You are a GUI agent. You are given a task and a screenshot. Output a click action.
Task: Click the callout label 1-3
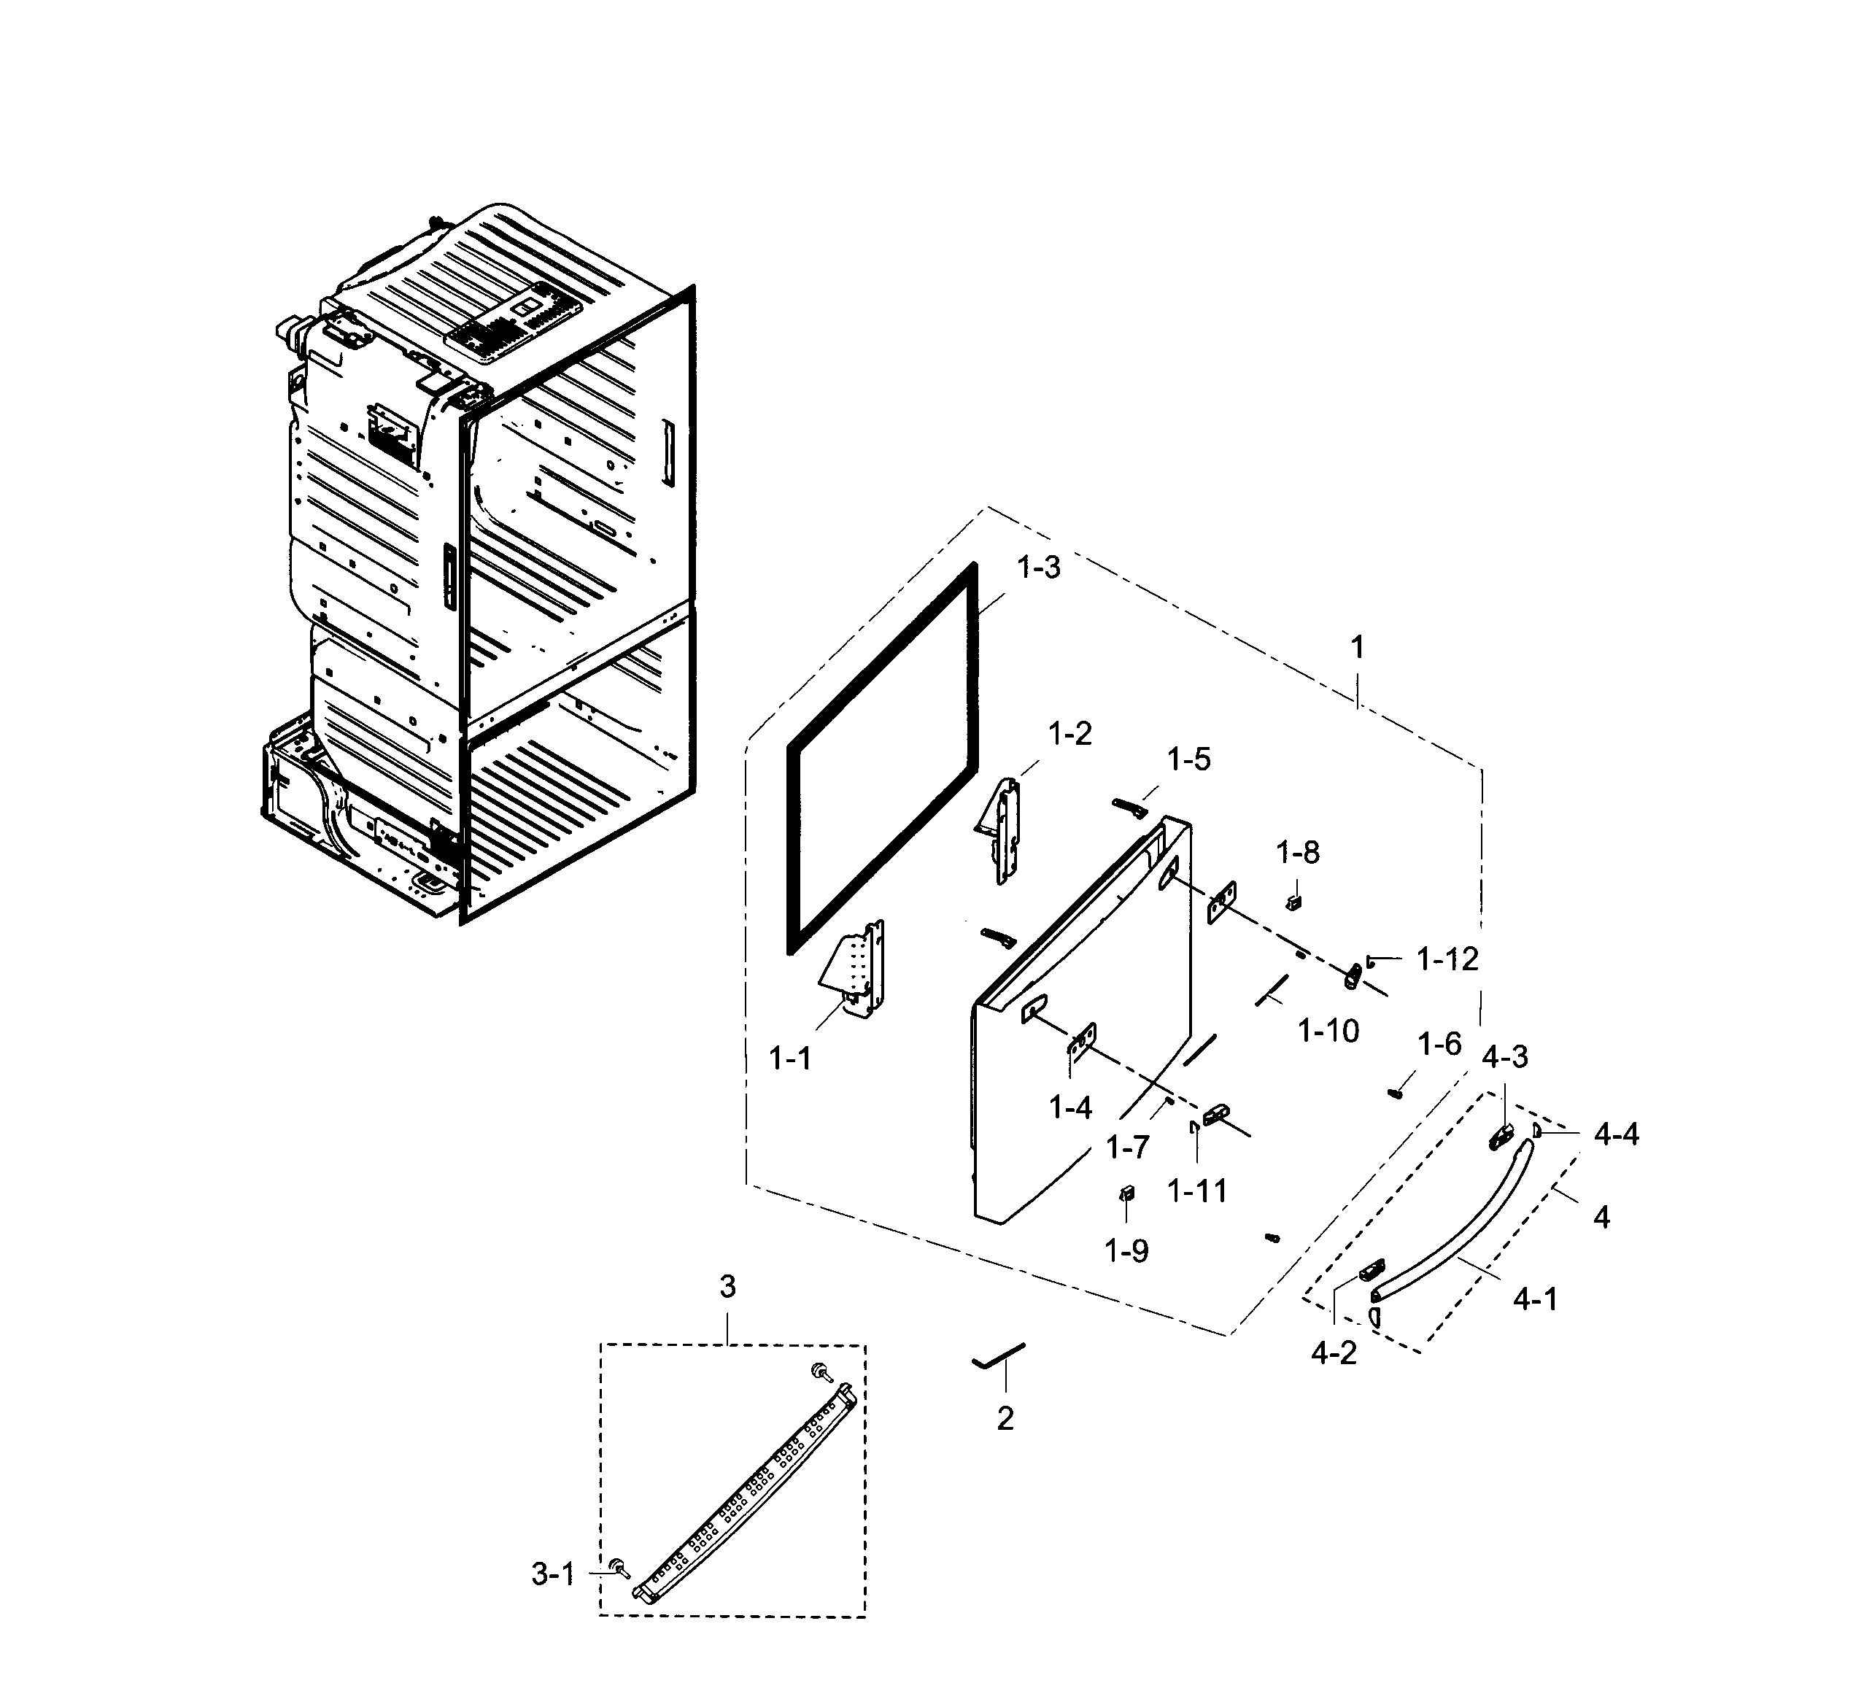[1039, 568]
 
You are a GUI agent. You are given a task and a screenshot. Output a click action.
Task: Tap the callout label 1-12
[1447, 959]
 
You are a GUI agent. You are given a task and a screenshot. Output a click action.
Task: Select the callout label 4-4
[1616, 1135]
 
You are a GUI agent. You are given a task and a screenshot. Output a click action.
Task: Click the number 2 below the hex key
[1005, 1419]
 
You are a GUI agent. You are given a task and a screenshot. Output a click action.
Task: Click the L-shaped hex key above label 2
[997, 1355]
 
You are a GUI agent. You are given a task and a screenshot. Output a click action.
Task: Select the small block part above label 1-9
[1126, 1193]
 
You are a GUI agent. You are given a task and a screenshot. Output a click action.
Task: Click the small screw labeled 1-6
[1394, 1093]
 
